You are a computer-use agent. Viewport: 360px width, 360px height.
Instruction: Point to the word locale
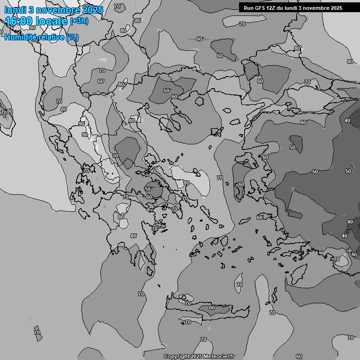tap(53, 22)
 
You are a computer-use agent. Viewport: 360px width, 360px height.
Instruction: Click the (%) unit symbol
tap(72, 37)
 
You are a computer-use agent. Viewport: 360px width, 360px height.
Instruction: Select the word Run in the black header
tap(248, 8)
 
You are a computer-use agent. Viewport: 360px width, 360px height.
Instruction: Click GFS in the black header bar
tap(260, 8)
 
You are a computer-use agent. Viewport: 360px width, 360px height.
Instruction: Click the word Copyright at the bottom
tap(177, 357)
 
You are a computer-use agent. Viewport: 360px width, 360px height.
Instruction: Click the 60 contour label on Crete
tap(212, 307)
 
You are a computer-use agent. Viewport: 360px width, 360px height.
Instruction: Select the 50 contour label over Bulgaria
tap(166, 90)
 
